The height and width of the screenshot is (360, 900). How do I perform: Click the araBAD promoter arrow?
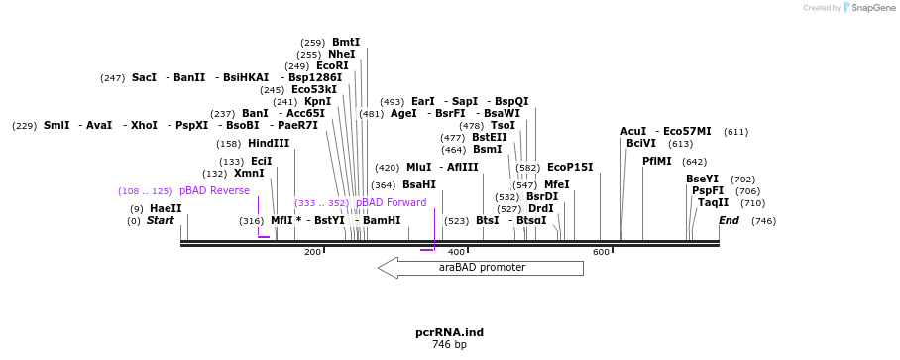coord(481,268)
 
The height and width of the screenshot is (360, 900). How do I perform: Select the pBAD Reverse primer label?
coord(214,191)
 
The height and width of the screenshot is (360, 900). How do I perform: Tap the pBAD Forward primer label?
coord(391,203)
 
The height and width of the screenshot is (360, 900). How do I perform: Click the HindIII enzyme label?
coord(269,144)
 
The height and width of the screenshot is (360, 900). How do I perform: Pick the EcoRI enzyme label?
coord(332,66)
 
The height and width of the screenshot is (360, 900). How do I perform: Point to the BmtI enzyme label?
coord(346,43)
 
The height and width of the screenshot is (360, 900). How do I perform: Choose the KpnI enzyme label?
coord(317,102)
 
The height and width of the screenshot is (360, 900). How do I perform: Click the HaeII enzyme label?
coord(166,209)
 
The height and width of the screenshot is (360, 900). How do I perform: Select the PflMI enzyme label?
coord(656,161)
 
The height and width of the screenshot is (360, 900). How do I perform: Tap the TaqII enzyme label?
coord(713,203)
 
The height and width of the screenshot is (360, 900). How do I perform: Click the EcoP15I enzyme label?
coord(570,168)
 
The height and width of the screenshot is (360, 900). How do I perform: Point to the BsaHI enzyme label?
coord(419,185)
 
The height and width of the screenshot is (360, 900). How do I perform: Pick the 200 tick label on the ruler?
coord(312,253)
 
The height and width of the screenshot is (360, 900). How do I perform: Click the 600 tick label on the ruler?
coord(601,253)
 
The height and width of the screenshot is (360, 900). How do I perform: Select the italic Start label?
coord(161,221)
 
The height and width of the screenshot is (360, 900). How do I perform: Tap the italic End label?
coord(729,221)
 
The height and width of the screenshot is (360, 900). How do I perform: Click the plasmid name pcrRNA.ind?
coord(449,332)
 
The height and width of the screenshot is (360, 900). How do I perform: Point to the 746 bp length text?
coord(449,345)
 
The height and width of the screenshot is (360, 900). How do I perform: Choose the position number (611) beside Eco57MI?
coord(735,132)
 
